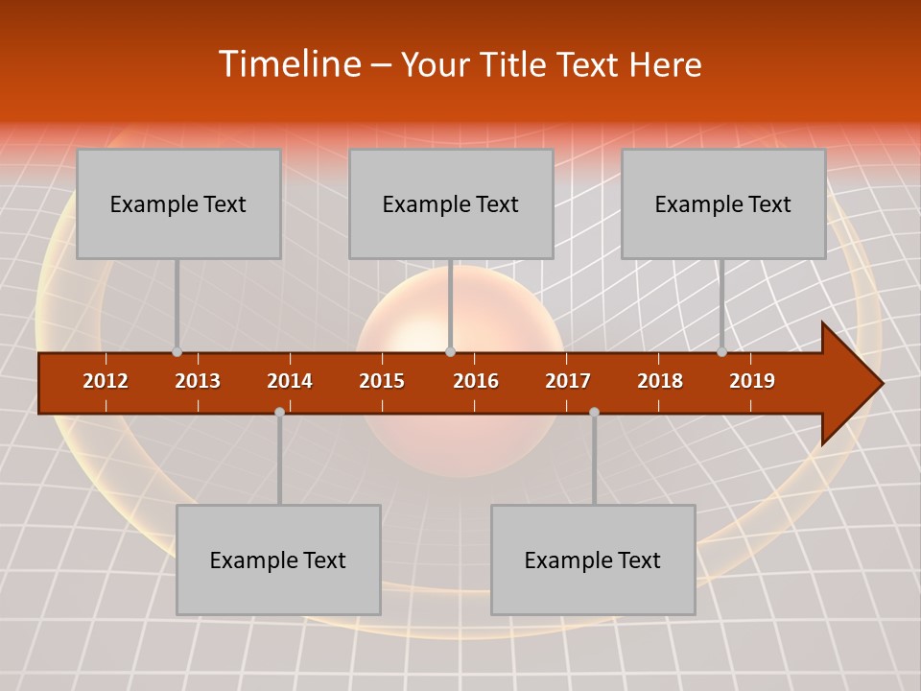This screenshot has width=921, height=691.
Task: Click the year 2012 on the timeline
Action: tap(106, 381)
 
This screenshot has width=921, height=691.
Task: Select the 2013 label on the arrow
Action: tap(198, 381)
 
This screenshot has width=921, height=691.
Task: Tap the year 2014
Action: tap(290, 381)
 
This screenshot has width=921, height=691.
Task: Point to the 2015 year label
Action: tap(382, 381)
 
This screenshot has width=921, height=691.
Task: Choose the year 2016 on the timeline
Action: tap(476, 381)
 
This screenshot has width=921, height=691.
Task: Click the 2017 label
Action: tap(568, 381)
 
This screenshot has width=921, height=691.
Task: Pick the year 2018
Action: tap(660, 381)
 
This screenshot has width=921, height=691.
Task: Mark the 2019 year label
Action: tap(752, 381)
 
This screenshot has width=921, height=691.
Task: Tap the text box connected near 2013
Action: tap(178, 203)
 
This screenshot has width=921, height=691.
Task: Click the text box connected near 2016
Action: tap(451, 203)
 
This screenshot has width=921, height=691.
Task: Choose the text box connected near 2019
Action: tap(723, 203)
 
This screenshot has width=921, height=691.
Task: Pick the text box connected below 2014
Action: tap(278, 560)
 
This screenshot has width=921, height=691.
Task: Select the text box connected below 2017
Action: tap(593, 560)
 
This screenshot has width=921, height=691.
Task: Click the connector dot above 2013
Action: tap(177, 352)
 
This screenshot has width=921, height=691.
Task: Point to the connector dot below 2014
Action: tap(279, 412)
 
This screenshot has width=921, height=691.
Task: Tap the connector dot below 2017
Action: tap(594, 412)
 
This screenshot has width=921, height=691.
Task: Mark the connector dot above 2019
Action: tap(721, 352)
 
